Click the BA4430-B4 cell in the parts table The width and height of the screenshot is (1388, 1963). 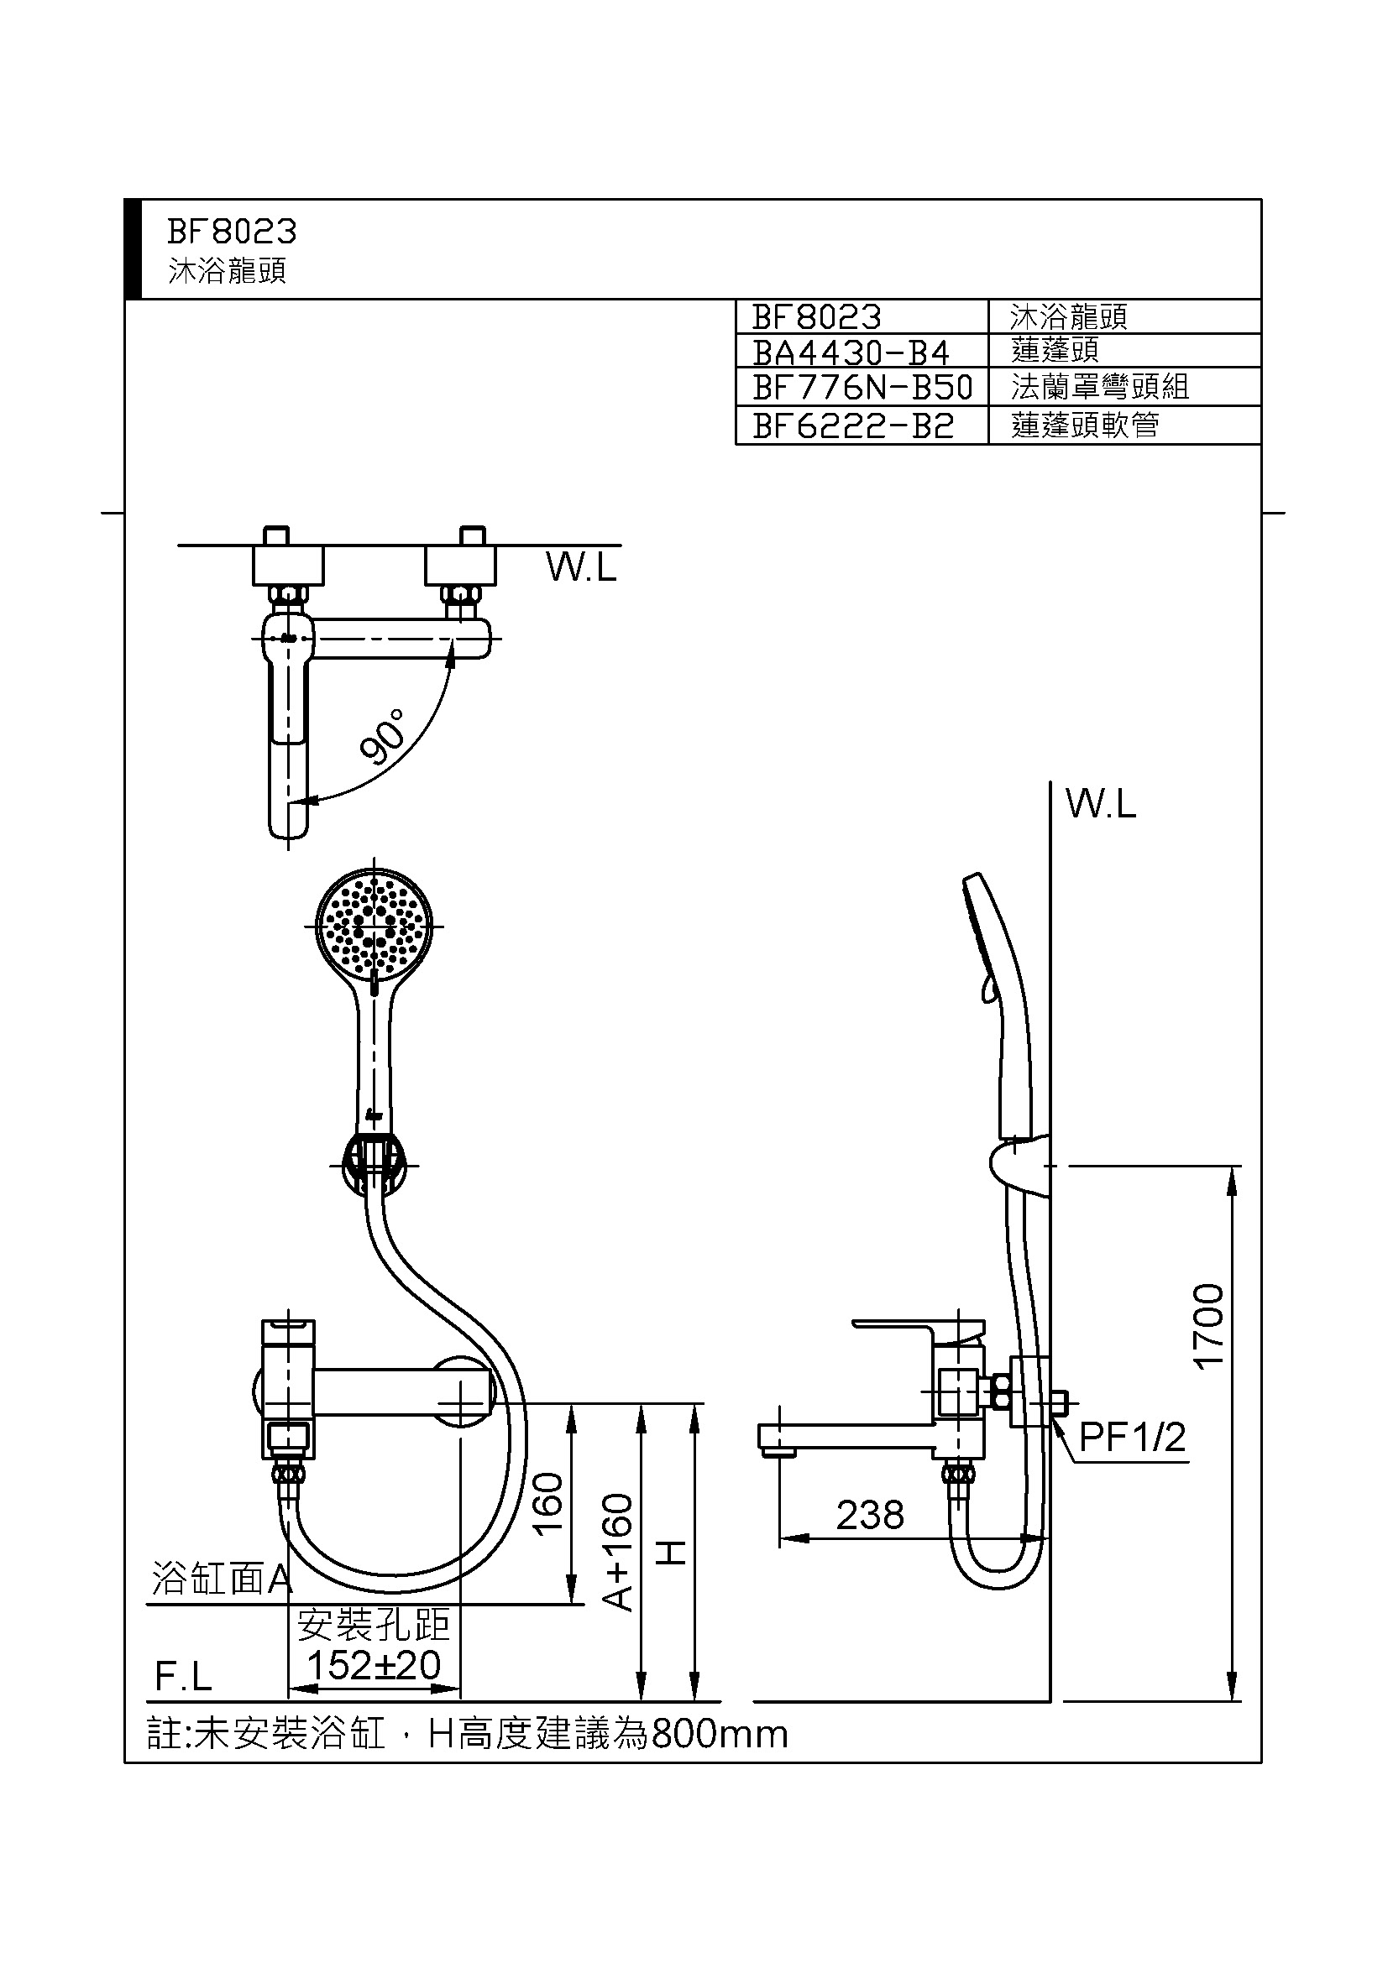click(851, 352)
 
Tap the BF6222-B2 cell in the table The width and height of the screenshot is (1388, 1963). click(852, 425)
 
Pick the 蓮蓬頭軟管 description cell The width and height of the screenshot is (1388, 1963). click(1084, 425)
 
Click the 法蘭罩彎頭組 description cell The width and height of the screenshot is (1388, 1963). click(1100, 387)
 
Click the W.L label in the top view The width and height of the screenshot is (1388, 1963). click(582, 566)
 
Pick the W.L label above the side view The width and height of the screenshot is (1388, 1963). click(1101, 805)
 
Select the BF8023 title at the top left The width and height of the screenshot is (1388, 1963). click(232, 232)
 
